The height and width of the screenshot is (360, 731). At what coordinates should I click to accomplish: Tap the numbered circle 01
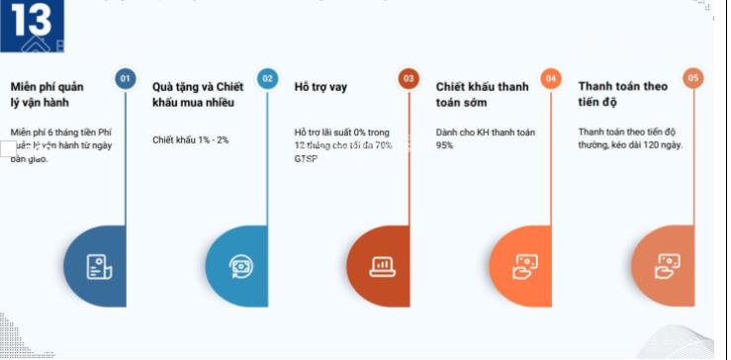click(125, 79)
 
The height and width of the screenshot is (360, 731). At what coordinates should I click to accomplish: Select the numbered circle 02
click(267, 79)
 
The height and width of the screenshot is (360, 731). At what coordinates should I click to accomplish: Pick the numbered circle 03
click(409, 79)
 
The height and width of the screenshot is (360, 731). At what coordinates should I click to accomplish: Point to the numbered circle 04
click(551, 79)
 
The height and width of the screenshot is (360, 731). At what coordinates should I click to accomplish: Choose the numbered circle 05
click(693, 79)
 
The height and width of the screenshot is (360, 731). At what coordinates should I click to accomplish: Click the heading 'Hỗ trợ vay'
click(320, 87)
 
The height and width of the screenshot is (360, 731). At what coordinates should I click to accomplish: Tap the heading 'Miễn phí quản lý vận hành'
click(53, 94)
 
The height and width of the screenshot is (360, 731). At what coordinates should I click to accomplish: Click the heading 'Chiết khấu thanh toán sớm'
click(482, 94)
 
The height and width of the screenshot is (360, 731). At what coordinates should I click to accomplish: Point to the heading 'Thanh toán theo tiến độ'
click(622, 94)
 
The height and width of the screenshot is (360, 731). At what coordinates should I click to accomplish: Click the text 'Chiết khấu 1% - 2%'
click(191, 140)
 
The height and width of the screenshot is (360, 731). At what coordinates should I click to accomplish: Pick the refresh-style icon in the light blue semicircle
click(240, 265)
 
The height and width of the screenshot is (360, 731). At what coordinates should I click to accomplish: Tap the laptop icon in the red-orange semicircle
click(382, 265)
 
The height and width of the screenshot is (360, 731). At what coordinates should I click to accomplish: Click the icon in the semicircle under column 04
click(524, 265)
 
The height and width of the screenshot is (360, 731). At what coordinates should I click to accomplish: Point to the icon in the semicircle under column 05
click(668, 265)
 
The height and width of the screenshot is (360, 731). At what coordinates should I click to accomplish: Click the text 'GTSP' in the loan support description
click(307, 158)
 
